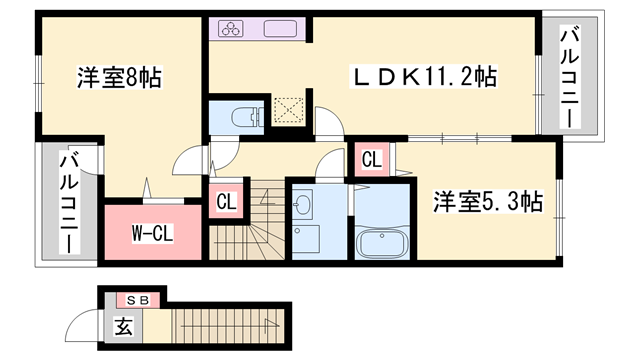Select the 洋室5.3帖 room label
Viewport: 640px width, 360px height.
tap(487, 202)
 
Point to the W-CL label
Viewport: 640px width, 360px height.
tap(153, 233)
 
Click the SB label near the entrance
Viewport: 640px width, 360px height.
tap(137, 299)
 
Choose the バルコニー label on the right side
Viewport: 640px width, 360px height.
tap(569, 77)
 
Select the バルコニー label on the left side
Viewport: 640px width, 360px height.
tap(70, 202)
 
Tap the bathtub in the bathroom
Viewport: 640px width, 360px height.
tap(382, 243)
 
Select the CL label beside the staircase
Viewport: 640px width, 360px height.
tap(226, 201)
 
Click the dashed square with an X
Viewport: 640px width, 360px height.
tap(287, 111)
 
